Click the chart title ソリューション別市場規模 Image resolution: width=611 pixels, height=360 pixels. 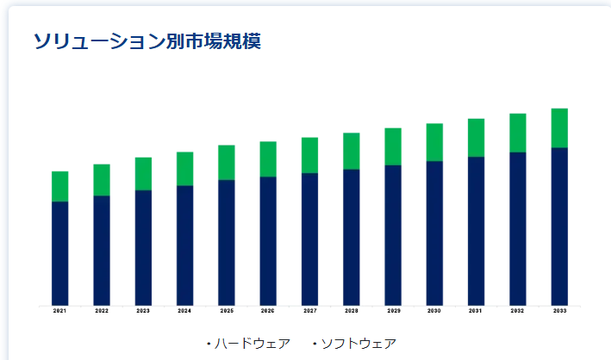[x=147, y=40]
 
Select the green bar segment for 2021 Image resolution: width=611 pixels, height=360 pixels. [x=59, y=186]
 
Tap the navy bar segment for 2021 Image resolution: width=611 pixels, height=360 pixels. [x=59, y=252]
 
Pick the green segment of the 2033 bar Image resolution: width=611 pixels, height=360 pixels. [x=559, y=127]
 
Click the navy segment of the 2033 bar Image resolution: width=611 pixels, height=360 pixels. [x=559, y=226]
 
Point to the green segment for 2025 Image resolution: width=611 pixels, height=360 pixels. [x=226, y=162]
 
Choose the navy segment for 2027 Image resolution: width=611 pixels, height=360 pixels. [x=309, y=239]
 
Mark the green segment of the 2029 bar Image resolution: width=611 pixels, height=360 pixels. [x=393, y=146]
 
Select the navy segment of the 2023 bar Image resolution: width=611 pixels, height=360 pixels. [x=143, y=247]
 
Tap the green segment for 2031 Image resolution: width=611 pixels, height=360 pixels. [x=476, y=138]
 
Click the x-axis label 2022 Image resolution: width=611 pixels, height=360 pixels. [x=102, y=311]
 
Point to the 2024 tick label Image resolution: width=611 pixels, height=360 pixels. [x=184, y=311]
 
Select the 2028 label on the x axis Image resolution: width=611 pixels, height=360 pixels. [x=351, y=311]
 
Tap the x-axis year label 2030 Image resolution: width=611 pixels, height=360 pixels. [x=434, y=311]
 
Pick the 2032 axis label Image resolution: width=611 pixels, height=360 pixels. [x=517, y=311]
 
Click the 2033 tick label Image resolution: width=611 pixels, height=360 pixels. [x=559, y=311]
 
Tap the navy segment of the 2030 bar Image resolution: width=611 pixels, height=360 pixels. [x=434, y=233]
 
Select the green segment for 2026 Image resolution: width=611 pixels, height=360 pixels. [x=268, y=158]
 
